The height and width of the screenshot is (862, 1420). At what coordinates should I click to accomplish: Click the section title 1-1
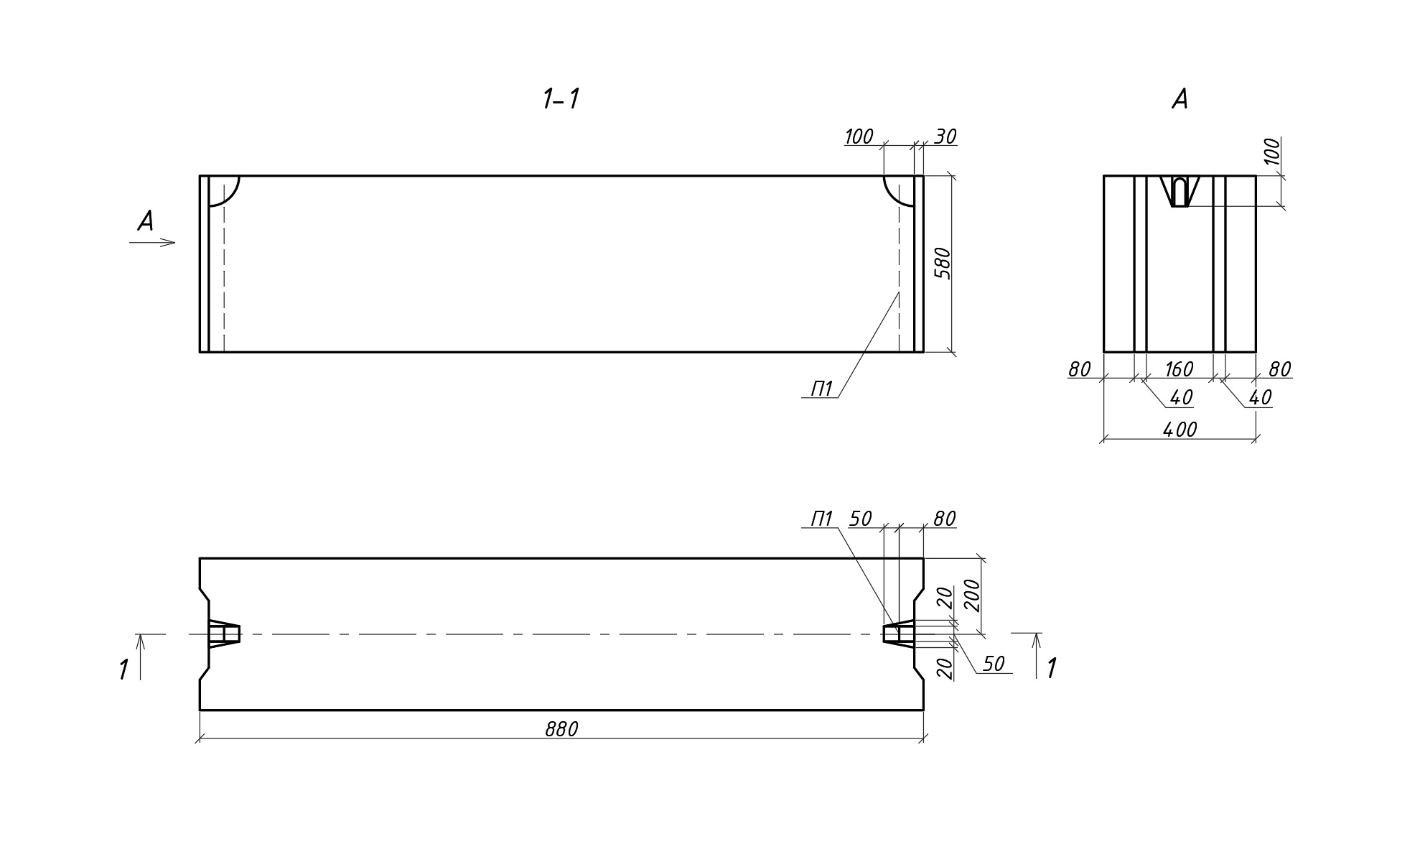click(561, 99)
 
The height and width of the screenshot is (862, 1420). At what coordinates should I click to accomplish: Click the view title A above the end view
click(1180, 99)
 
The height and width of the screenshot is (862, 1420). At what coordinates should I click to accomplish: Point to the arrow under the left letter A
click(153, 243)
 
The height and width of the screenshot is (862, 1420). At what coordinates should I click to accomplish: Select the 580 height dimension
click(943, 263)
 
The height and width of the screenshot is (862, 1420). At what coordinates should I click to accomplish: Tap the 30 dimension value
click(945, 136)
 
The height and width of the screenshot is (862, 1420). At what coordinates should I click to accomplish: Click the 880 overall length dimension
click(561, 730)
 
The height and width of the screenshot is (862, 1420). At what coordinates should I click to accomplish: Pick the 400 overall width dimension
click(1180, 430)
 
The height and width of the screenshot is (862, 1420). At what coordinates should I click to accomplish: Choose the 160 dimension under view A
click(1179, 369)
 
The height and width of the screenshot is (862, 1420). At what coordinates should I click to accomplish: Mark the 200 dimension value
click(972, 595)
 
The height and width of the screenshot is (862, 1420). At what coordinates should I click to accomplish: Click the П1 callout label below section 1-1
click(821, 389)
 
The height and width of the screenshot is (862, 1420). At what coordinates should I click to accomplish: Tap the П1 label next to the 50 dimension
click(821, 519)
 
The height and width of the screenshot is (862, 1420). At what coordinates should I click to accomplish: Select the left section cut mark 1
click(123, 669)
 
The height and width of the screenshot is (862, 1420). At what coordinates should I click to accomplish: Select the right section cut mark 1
click(1052, 669)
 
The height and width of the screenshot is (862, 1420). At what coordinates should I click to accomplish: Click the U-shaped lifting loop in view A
click(1180, 191)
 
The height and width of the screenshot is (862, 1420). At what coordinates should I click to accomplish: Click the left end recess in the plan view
click(223, 634)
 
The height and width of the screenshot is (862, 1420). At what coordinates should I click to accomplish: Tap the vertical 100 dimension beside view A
click(1271, 152)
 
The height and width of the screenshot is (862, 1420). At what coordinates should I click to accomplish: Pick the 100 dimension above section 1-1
click(859, 136)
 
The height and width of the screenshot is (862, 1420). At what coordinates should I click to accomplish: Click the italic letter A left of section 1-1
click(146, 221)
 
